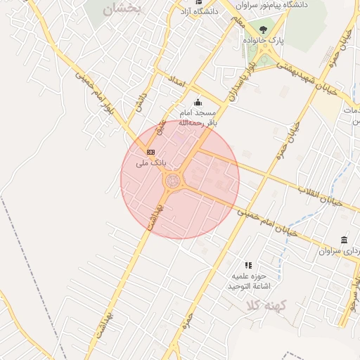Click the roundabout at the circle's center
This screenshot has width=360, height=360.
point(173,181)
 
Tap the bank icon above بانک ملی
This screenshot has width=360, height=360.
point(150,151)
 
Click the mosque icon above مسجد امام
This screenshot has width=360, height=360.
point(198,102)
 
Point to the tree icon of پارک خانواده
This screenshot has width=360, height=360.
point(263,30)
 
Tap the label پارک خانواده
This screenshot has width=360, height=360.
point(264,41)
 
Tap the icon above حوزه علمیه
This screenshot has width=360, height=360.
point(248,265)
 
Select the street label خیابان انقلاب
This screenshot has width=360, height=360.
point(320,196)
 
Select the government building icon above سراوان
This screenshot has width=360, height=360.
point(344,240)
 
